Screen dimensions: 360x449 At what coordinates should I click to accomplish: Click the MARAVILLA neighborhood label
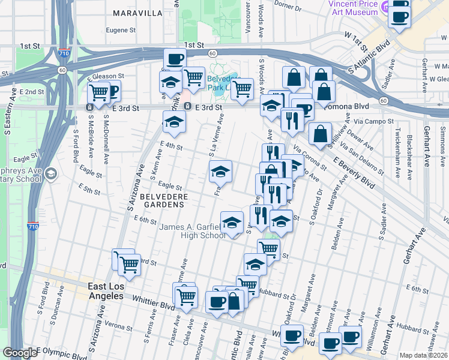tap(138, 13)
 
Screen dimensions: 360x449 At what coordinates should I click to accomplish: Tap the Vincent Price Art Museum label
tap(353, 8)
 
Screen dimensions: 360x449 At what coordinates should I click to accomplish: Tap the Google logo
tap(19, 353)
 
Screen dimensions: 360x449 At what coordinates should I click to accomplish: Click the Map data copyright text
tap(424, 355)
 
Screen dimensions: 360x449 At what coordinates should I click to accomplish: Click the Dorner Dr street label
tap(288, 8)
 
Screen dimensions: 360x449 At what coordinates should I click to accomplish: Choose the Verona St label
tap(118, 324)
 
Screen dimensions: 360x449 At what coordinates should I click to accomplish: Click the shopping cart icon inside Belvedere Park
tap(242, 88)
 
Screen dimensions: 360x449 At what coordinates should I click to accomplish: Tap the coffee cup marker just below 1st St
tap(175, 59)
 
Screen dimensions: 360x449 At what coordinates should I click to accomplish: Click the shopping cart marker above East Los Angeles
tap(128, 264)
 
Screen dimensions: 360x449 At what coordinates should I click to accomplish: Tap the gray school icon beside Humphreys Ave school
tap(51, 174)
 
